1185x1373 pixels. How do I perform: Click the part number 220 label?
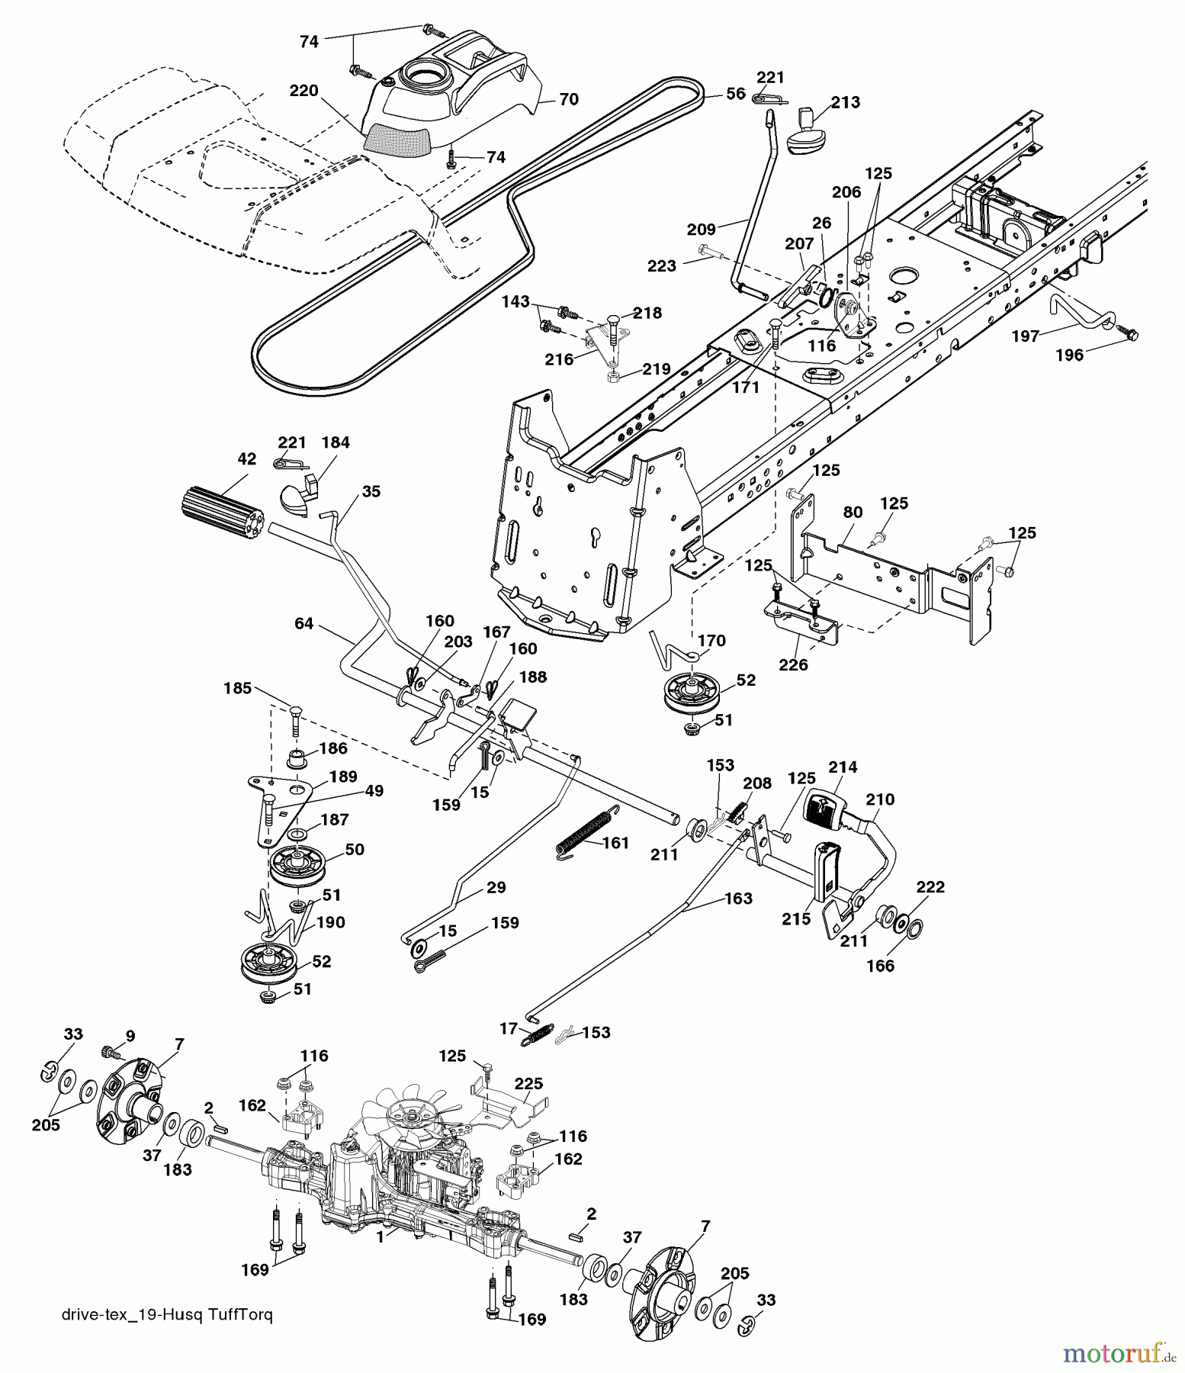303,91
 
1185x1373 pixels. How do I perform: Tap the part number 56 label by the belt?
735,93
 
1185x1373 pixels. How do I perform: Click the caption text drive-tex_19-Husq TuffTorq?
165,1315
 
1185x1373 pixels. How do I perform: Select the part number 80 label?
853,512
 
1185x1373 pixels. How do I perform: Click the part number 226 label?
793,665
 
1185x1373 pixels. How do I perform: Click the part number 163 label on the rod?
738,899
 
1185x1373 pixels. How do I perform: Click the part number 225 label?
528,1084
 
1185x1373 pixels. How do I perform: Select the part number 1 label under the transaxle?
380,1239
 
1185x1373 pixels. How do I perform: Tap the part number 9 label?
130,1036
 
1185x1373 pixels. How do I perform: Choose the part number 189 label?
342,777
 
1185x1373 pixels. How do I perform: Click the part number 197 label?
1025,336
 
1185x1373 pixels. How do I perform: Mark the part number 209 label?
701,229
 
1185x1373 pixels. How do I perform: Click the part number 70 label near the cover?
569,99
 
